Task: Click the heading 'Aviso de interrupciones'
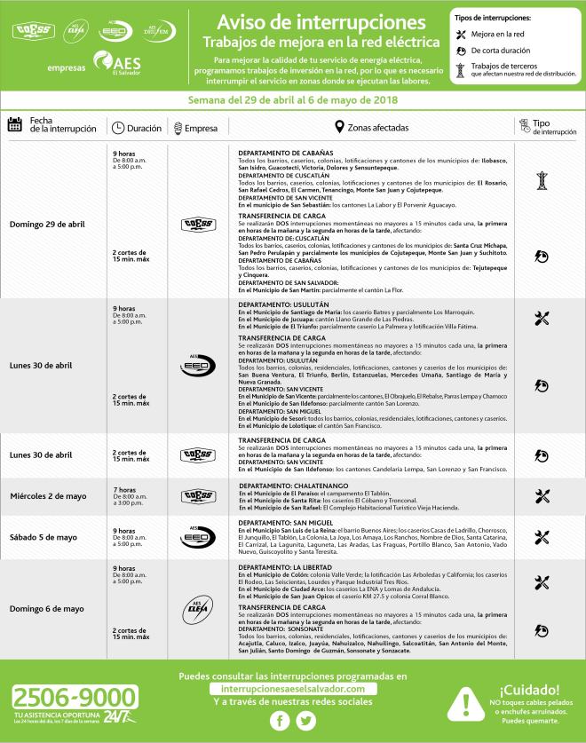(314, 20)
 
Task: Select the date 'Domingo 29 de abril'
(47, 224)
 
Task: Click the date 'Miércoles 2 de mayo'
(51, 495)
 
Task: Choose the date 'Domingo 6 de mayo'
(46, 609)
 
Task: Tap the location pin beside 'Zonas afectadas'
(338, 128)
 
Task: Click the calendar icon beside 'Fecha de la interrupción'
(14, 125)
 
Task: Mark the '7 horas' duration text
(123, 490)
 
